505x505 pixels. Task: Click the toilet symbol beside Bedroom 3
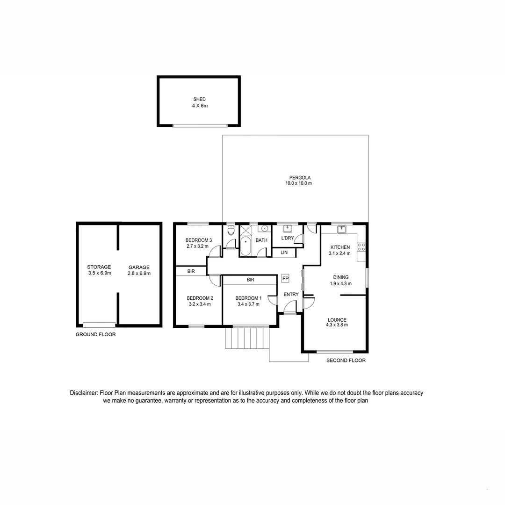tap(231, 231)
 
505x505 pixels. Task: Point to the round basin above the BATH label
tap(264, 229)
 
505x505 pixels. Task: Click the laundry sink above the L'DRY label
tap(287, 229)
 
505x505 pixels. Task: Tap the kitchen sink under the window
tap(342, 229)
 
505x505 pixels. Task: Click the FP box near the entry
tap(285, 279)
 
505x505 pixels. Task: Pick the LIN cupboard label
tap(284, 252)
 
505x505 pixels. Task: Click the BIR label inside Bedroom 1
tap(250, 280)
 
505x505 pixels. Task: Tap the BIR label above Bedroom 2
tap(191, 271)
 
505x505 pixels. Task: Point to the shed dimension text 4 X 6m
tap(200, 106)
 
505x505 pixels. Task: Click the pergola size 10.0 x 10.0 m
tap(299, 183)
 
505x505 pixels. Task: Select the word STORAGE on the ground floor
tap(99, 267)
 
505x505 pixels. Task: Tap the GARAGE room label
tap(139, 267)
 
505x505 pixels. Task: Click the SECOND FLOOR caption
tap(346, 361)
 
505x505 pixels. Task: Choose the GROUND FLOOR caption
tap(96, 334)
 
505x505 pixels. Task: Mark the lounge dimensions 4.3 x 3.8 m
tap(337, 325)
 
